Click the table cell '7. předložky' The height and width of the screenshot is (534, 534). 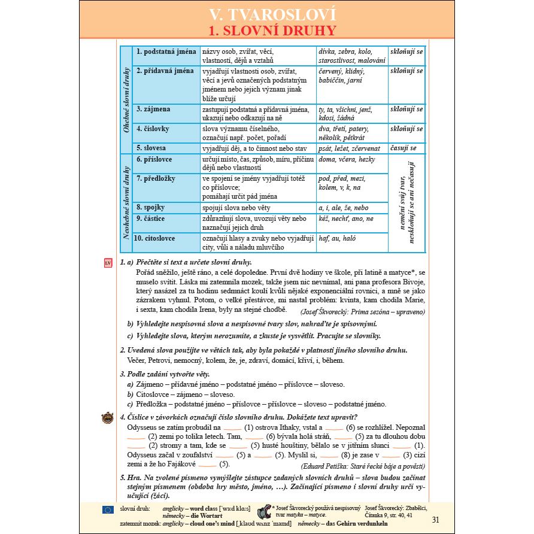[x=157, y=178]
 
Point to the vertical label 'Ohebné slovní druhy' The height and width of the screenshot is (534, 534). [x=126, y=99]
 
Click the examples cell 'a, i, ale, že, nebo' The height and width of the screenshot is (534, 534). [x=344, y=208]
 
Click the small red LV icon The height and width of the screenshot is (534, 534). [x=108, y=263]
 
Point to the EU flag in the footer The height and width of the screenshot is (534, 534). [x=108, y=509]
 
